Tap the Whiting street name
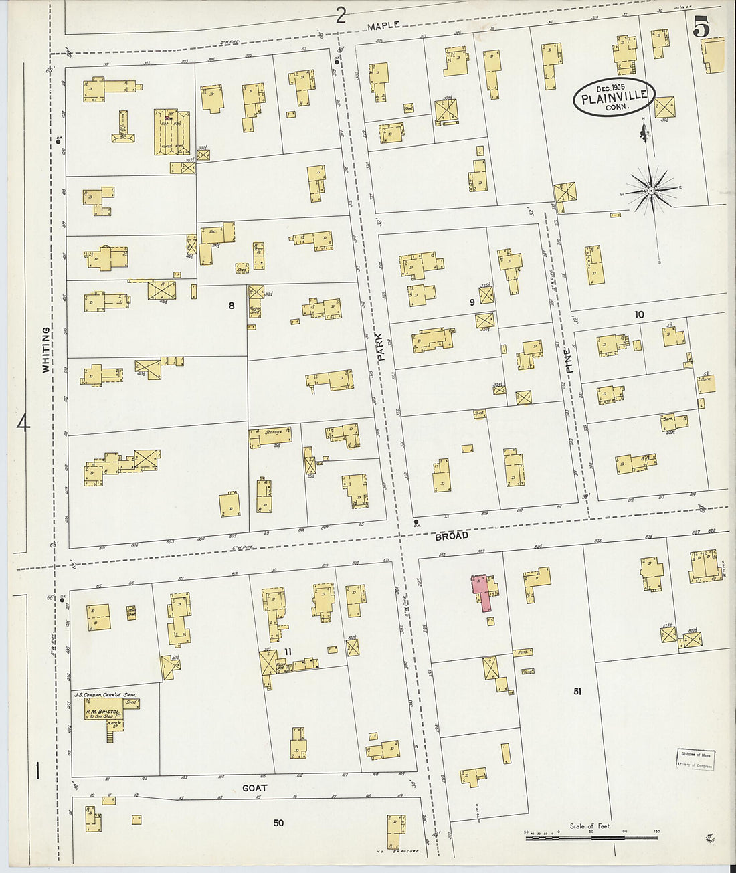coord(46,349)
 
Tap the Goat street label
coord(254,788)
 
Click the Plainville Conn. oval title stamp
coord(614,96)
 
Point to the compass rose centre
coord(650,191)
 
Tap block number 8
coord(232,306)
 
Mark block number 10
coord(639,314)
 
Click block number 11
coord(288,652)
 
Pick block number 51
coord(577,692)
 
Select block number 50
coord(278,823)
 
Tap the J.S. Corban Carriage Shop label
coord(106,696)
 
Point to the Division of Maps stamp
coord(693,759)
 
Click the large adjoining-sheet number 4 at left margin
coord(23,423)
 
